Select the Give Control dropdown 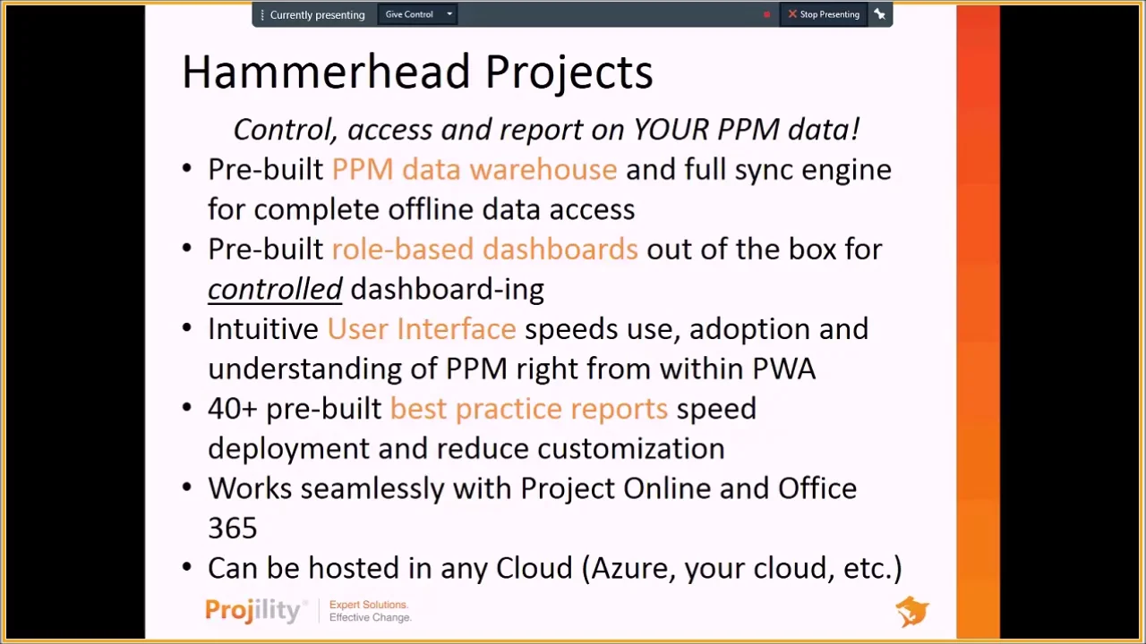pyautogui.click(x=417, y=14)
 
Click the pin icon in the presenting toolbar pyautogui.click(x=880, y=14)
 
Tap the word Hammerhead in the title pyautogui.click(x=326, y=72)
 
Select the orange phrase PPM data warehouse pyautogui.click(x=474, y=170)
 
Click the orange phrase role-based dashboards pyautogui.click(x=484, y=250)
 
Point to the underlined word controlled pyautogui.click(x=275, y=289)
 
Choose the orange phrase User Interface pyautogui.click(x=421, y=329)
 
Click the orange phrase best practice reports pyautogui.click(x=528, y=409)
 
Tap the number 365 pyautogui.click(x=233, y=529)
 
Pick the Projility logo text pyautogui.click(x=253, y=611)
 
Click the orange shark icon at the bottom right pyautogui.click(x=912, y=612)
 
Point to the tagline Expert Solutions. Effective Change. pyautogui.click(x=370, y=611)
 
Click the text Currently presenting pyautogui.click(x=317, y=15)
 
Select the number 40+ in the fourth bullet pyautogui.click(x=232, y=409)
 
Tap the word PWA pyautogui.click(x=783, y=369)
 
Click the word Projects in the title pyautogui.click(x=569, y=72)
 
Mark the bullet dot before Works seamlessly pyautogui.click(x=186, y=488)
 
